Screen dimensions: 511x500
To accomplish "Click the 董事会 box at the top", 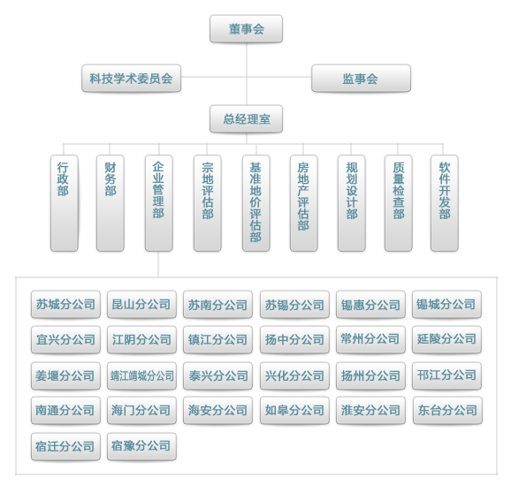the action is (x=246, y=28).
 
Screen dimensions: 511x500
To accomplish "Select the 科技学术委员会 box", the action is (x=132, y=78).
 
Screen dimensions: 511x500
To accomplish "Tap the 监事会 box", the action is (x=361, y=78).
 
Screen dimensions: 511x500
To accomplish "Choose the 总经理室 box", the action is (x=246, y=119).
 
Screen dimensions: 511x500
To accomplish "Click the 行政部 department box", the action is (x=65, y=203).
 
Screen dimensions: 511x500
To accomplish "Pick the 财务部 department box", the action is (x=111, y=203).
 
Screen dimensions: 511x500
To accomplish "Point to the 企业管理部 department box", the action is (x=159, y=203).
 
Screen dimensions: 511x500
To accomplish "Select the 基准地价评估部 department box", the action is (x=256, y=203).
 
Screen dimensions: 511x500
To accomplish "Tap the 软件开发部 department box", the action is (x=444, y=203).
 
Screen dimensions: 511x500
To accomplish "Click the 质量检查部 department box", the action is (x=398, y=203).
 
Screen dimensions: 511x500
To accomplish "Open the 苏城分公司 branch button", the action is (x=65, y=305).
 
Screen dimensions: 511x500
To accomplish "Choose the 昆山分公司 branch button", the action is (x=141, y=305).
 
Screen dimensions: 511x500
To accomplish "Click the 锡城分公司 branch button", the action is (x=446, y=305).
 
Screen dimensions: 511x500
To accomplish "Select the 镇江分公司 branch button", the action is (x=217, y=340).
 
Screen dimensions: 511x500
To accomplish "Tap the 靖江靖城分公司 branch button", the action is (x=141, y=376).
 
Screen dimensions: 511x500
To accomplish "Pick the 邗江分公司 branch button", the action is (x=446, y=376).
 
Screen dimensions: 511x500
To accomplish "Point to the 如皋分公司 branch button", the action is (x=294, y=411).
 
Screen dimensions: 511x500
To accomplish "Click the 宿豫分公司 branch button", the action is (x=141, y=446).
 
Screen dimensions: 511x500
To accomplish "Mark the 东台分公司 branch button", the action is (x=447, y=411).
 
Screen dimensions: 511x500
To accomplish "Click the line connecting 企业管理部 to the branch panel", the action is (x=158, y=264).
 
